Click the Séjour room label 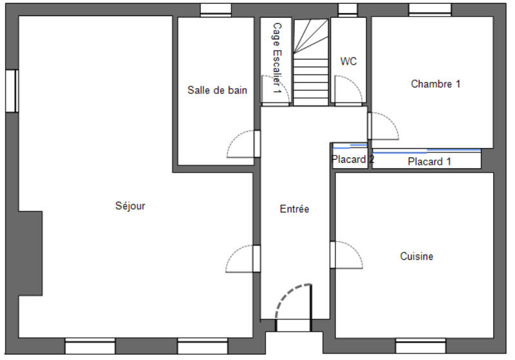click(130, 206)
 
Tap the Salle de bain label click(217, 90)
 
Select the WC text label click(348, 62)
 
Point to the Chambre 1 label click(436, 84)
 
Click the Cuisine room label click(417, 256)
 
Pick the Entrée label click(295, 209)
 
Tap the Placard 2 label click(352, 159)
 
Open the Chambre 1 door click(383, 126)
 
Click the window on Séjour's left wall click(11, 91)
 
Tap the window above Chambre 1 click(430, 10)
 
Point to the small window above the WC click(348, 10)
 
